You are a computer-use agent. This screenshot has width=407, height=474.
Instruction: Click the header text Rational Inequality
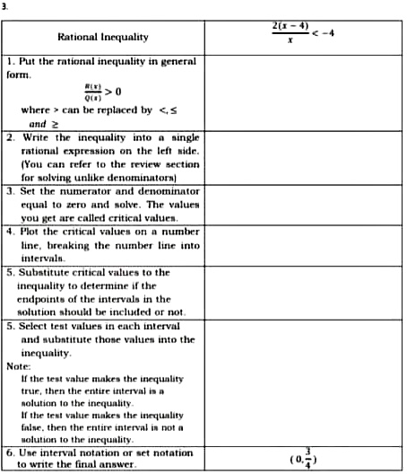(x=103, y=37)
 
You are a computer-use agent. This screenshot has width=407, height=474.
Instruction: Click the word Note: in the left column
(x=19, y=365)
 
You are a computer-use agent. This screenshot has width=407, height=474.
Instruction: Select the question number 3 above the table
(x=4, y=4)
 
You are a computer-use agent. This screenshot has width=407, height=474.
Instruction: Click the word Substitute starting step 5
(x=44, y=272)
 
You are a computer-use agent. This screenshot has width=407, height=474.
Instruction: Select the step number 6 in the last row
(x=9, y=452)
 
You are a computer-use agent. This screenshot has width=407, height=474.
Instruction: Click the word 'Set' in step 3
(x=29, y=192)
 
